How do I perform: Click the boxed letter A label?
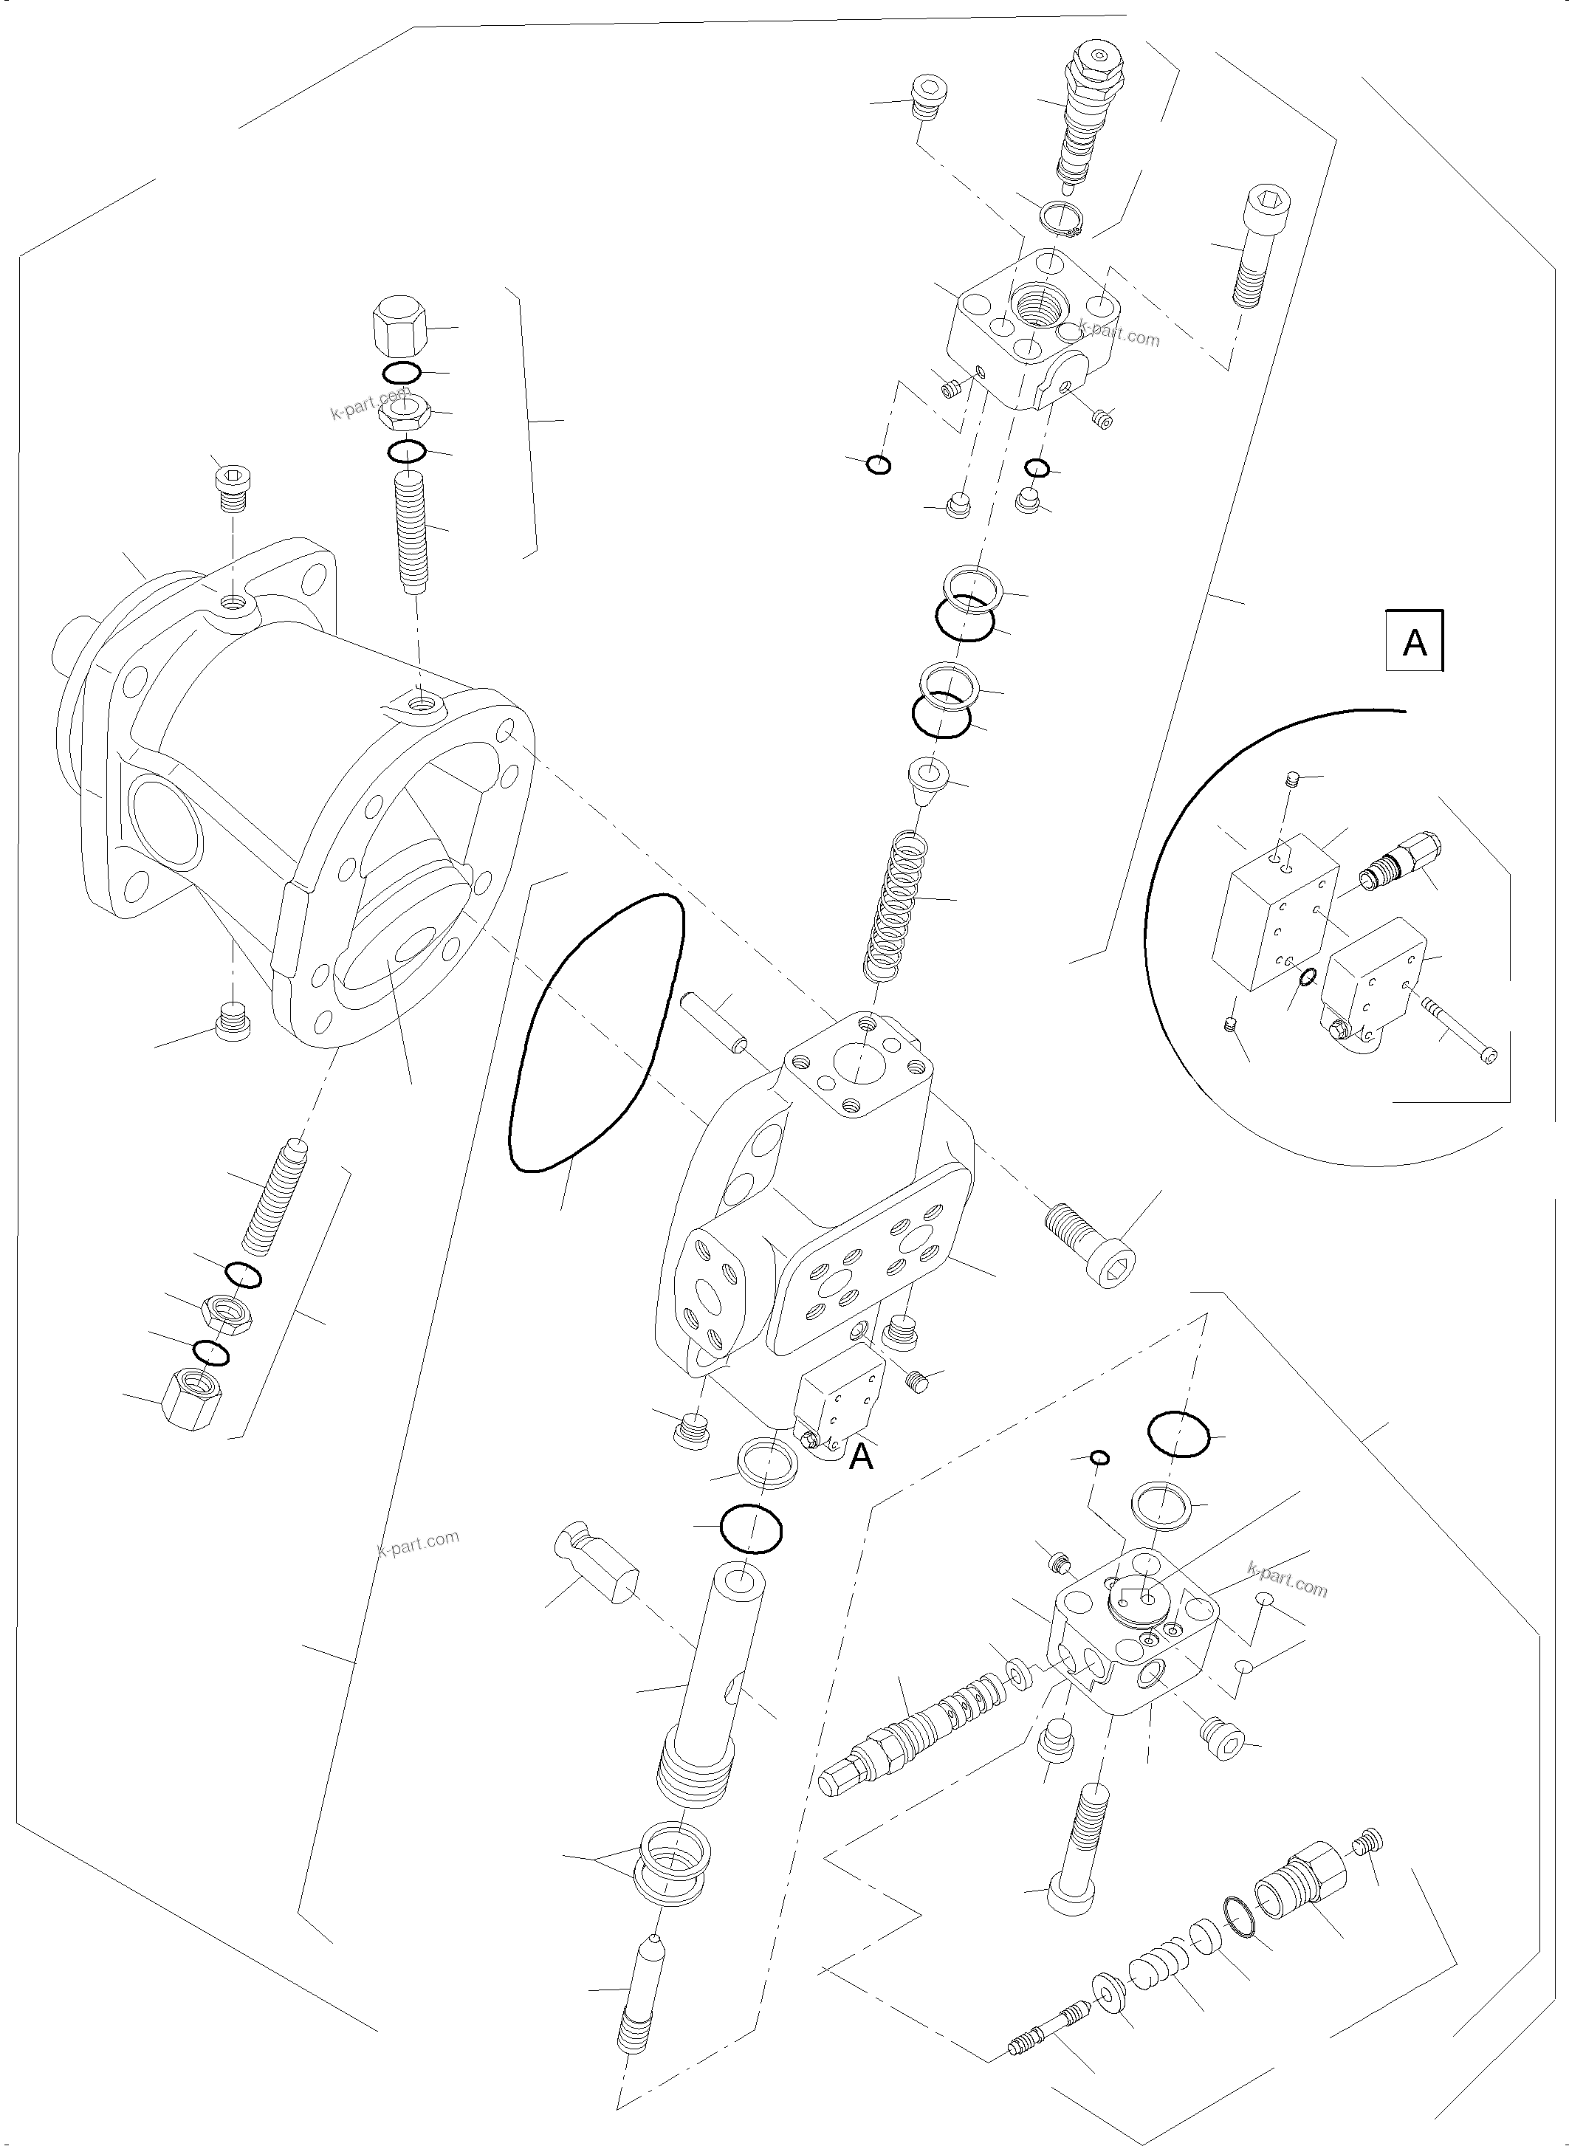click(1414, 643)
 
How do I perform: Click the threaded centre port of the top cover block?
click(1042, 303)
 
